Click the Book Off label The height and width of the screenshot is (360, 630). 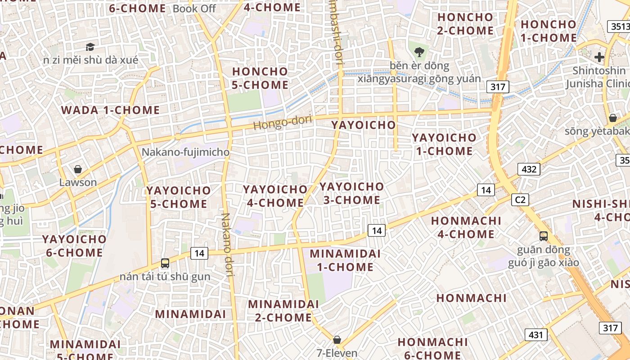click(194, 9)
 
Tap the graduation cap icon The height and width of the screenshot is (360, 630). click(90, 47)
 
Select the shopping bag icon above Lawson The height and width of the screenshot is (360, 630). click(78, 169)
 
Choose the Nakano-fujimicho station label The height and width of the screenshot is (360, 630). click(185, 152)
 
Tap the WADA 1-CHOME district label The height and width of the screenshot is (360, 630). click(110, 110)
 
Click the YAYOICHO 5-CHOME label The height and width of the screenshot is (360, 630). click(179, 197)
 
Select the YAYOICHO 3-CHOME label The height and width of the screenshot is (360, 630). click(352, 193)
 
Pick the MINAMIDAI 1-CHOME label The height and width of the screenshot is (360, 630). click(345, 260)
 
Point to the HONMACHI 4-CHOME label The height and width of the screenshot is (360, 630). click(466, 227)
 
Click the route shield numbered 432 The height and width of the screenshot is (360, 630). click(529, 169)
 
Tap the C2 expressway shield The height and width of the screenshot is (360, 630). click(520, 199)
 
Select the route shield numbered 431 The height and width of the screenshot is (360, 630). click(535, 335)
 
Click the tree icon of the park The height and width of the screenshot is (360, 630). click(419, 52)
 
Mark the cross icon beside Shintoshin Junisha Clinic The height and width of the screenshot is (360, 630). click(599, 57)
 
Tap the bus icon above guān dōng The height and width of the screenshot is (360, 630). click(544, 236)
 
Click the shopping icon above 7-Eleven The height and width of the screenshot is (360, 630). click(337, 340)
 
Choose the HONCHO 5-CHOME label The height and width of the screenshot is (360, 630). click(260, 78)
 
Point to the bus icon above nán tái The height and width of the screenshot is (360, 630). click(165, 263)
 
